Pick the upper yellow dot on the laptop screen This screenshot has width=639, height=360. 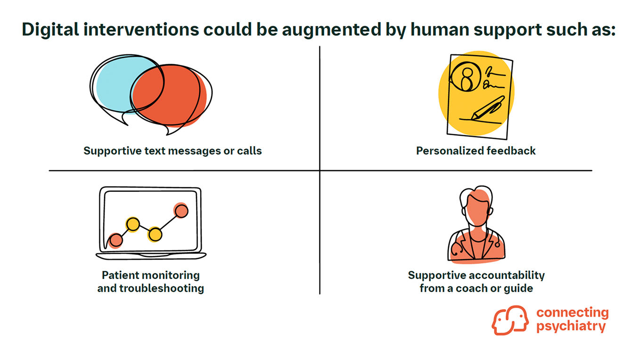click(132, 224)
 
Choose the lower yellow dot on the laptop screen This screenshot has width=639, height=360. click(155, 234)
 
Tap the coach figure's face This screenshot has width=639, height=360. click(476, 210)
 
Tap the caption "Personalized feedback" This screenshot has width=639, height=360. click(476, 151)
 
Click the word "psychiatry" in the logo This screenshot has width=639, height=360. click(571, 327)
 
